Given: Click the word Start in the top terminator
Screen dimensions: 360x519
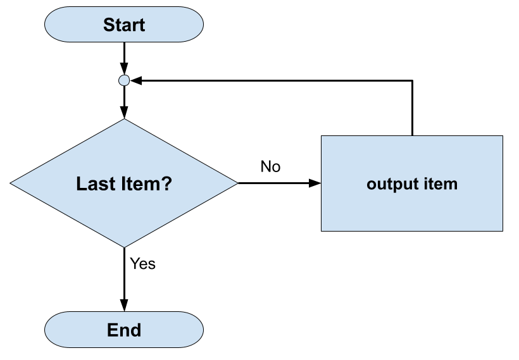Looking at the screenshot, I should click(124, 25).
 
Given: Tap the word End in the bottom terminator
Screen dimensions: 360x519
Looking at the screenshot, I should click(124, 330).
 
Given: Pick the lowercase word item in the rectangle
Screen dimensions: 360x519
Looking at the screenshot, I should click(441, 184).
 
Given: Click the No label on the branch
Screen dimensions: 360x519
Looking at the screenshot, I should click(270, 167).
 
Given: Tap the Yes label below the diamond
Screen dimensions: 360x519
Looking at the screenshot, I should click(142, 264).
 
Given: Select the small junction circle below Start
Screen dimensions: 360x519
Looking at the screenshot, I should click(124, 80).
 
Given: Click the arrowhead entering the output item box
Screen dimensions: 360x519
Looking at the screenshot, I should click(315, 183).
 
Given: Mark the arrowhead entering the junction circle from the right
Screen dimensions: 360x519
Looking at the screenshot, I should click(135, 80).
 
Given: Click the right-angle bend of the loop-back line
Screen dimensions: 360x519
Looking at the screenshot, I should click(413, 80).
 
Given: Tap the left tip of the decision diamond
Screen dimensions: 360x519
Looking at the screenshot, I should click(11, 183).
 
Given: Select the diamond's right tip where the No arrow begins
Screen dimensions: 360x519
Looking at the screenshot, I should click(237, 183).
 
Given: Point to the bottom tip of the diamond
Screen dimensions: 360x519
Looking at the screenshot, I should click(124, 247).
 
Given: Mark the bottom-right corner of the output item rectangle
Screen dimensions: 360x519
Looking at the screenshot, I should click(503, 231).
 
